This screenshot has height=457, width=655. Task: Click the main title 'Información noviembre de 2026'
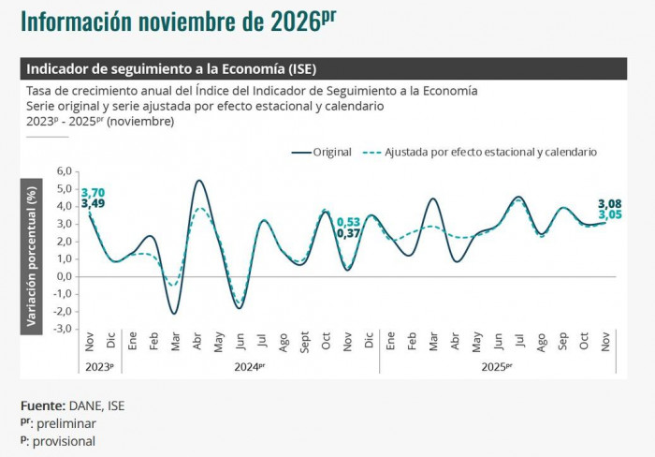point(178,22)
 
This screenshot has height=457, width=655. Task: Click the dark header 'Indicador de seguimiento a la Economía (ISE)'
point(172,69)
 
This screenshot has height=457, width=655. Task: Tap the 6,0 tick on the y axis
point(65,171)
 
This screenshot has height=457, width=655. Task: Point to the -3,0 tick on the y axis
point(63,329)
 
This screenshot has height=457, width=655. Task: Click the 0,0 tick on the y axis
point(65,276)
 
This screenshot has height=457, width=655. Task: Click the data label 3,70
point(93,192)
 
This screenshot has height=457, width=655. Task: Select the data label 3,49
point(93,204)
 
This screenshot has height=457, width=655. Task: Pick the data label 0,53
point(348,221)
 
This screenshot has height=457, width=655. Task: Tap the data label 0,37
point(348,233)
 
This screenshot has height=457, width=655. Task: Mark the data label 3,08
point(610,203)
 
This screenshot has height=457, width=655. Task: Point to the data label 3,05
point(610,215)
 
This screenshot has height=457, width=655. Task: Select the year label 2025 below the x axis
point(496,367)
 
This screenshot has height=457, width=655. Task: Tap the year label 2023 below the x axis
point(98,367)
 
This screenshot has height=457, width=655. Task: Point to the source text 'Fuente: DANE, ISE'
point(72,405)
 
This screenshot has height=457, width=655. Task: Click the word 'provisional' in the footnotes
point(64,441)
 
